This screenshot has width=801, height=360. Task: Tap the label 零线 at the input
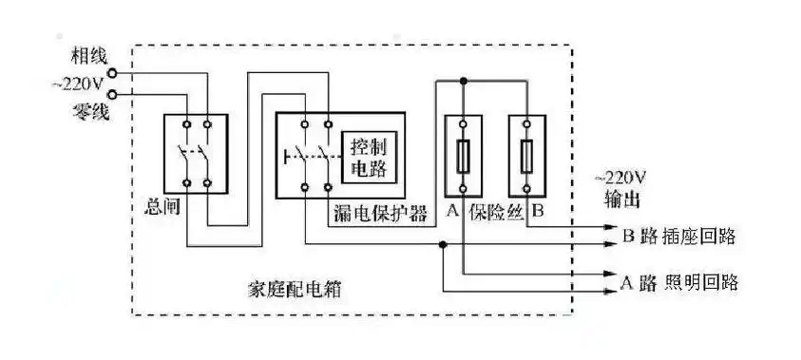[88, 112]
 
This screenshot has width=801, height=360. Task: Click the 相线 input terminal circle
[114, 72]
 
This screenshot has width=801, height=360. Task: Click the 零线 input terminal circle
[114, 93]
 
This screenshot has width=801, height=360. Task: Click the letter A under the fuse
[450, 212]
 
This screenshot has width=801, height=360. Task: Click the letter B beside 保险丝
[537, 212]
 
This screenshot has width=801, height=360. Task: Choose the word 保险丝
[494, 212]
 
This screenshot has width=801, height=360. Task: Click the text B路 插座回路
[677, 237]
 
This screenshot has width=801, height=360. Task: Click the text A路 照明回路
[678, 282]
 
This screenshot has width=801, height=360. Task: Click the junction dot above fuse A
[463, 82]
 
